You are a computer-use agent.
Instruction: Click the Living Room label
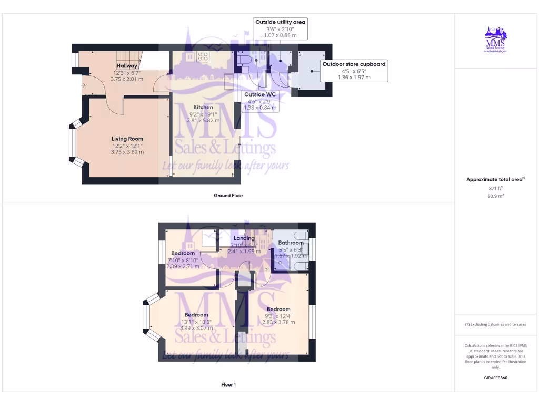127,139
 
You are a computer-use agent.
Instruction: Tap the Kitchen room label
203,107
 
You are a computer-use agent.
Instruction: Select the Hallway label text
127,66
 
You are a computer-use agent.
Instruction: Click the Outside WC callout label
260,94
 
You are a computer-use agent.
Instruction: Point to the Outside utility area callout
280,22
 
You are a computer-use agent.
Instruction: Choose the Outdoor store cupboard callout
354,64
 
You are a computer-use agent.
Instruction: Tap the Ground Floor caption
228,195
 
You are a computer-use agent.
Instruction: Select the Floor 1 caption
228,384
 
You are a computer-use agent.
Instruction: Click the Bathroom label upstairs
291,243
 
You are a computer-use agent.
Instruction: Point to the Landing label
244,238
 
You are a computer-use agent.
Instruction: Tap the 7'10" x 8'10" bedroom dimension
183,260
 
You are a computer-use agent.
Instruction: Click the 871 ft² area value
495,188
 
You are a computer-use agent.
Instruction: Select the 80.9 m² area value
495,196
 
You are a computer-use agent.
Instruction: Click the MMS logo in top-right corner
495,41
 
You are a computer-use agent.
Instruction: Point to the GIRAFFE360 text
495,378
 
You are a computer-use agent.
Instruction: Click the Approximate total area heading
495,179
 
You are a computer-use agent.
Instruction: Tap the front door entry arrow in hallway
83,85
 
